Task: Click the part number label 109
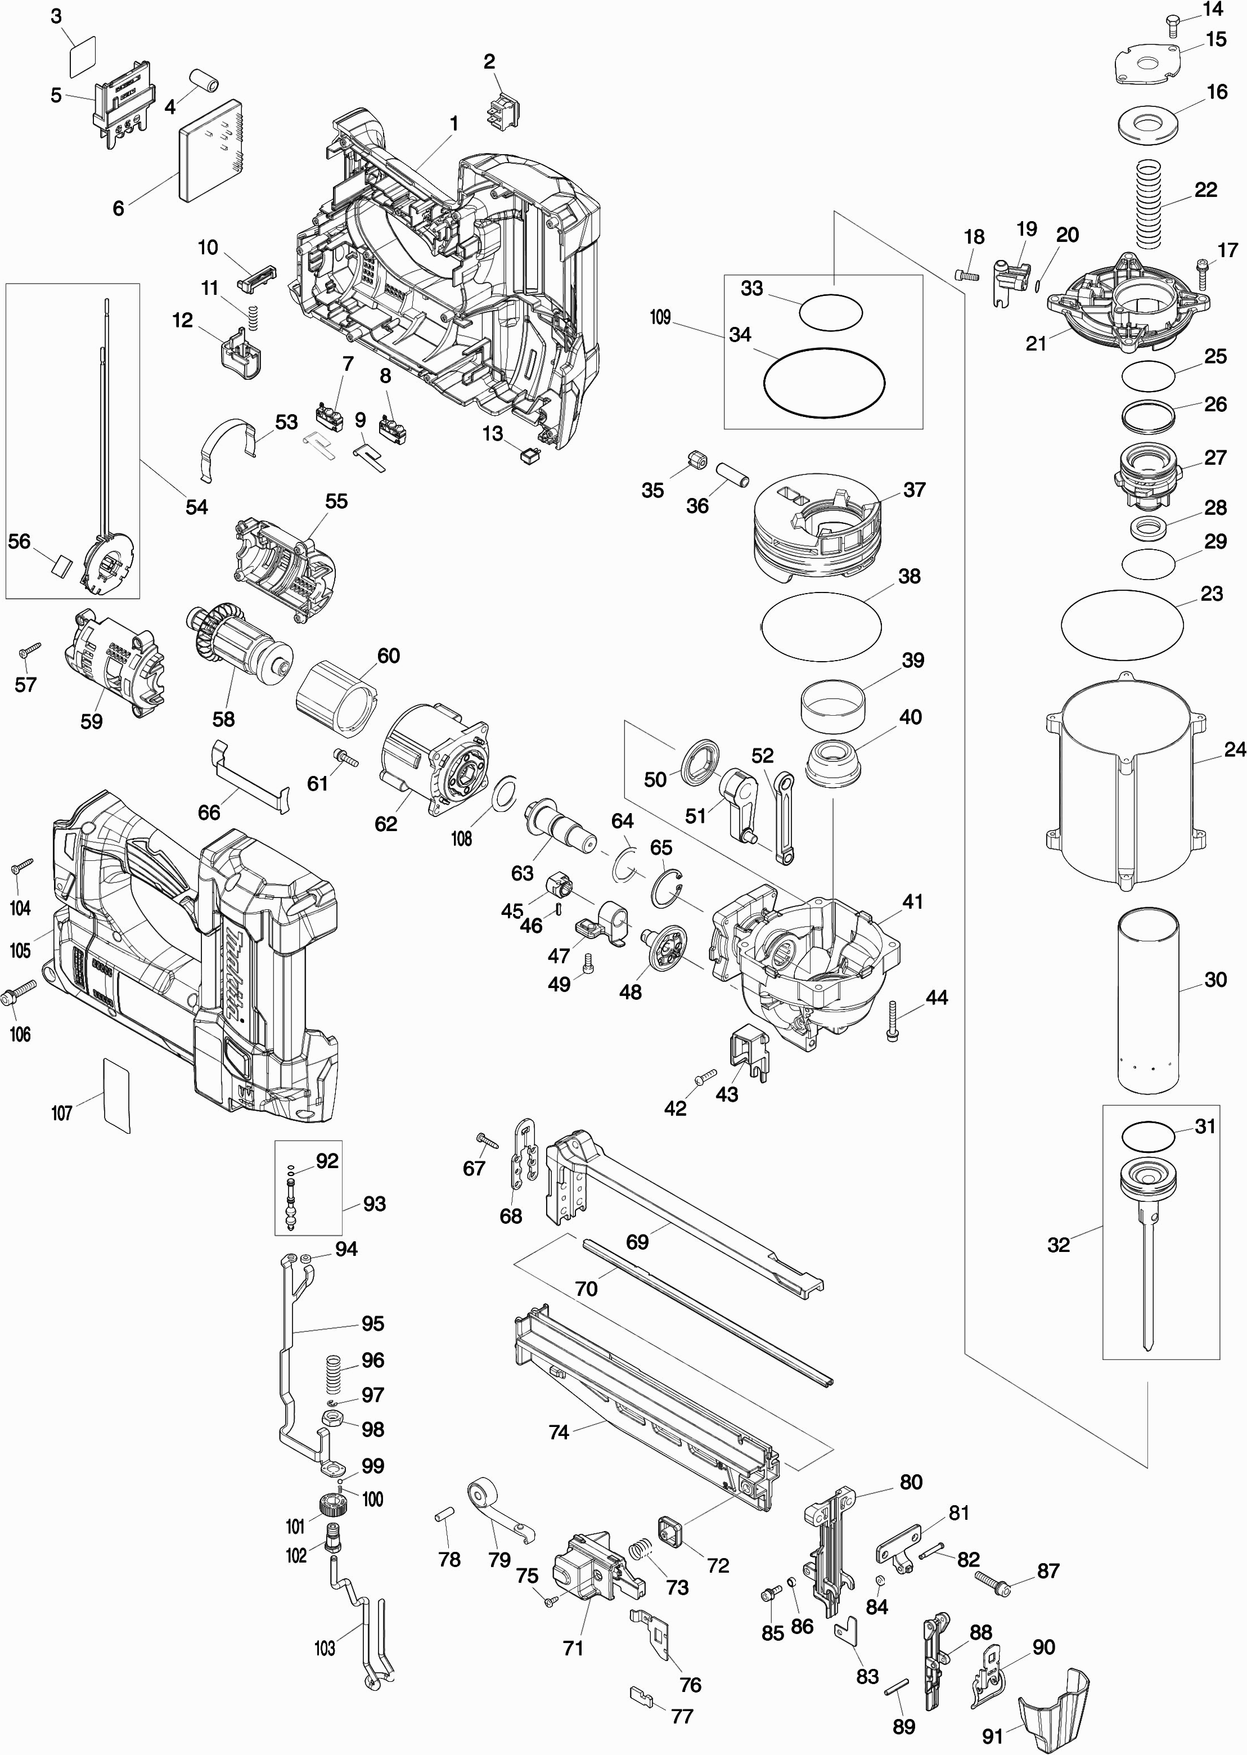[660, 317]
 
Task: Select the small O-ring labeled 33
[830, 313]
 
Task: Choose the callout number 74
[558, 1433]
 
